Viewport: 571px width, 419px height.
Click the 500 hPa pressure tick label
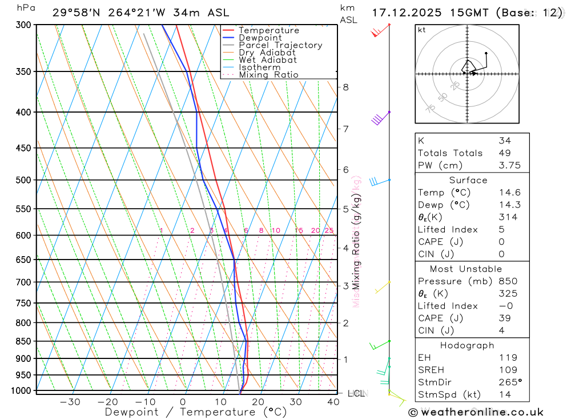click(22, 180)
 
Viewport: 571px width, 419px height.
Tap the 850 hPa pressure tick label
click(22, 341)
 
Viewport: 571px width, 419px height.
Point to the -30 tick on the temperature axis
click(70, 402)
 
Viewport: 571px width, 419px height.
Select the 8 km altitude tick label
click(345, 87)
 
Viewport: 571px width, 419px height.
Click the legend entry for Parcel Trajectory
click(280, 45)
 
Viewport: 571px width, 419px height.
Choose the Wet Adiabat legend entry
click(267, 60)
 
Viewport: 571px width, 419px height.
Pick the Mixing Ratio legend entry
click(268, 75)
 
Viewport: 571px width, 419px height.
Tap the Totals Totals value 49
click(504, 153)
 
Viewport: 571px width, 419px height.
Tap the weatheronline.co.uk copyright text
click(476, 412)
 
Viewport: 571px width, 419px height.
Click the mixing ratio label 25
click(329, 231)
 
